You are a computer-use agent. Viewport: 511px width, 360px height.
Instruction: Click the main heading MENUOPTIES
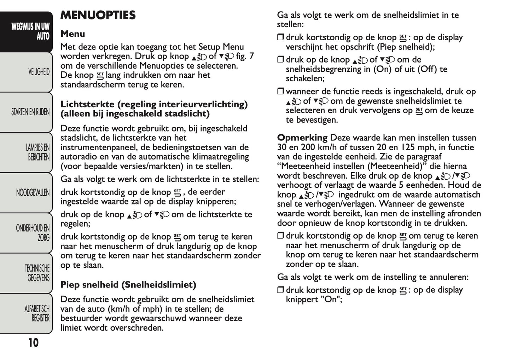[x=98, y=15]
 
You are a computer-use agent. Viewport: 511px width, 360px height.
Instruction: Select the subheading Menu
[x=72, y=34]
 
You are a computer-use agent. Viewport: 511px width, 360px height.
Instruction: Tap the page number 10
[x=33, y=343]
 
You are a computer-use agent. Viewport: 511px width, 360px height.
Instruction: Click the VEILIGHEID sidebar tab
[x=39, y=72]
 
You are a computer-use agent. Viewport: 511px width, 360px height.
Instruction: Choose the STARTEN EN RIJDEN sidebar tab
[x=30, y=112]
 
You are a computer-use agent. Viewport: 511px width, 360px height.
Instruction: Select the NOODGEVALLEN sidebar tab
[x=33, y=193]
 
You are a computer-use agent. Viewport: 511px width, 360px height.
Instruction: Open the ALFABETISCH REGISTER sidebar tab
[x=37, y=313]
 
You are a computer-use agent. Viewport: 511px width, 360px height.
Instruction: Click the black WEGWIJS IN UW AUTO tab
[x=30, y=31]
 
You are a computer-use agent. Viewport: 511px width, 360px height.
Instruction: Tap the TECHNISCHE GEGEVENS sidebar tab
[x=37, y=273]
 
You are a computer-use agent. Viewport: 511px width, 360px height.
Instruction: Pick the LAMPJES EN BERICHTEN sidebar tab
[x=37, y=152]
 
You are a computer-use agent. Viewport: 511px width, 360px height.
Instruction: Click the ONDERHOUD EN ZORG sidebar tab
[x=33, y=233]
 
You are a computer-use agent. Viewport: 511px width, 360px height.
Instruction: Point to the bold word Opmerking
[x=302, y=138]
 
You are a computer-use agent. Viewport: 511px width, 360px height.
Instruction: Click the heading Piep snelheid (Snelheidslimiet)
[x=128, y=285]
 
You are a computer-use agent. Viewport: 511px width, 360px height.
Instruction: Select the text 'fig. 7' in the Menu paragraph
[x=245, y=56]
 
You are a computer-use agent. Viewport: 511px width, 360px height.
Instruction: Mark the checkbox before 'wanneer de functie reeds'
[x=280, y=92]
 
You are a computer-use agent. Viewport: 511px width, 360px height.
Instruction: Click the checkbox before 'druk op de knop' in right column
[x=280, y=60]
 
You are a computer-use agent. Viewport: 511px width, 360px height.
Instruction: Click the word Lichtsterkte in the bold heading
[x=87, y=104]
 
